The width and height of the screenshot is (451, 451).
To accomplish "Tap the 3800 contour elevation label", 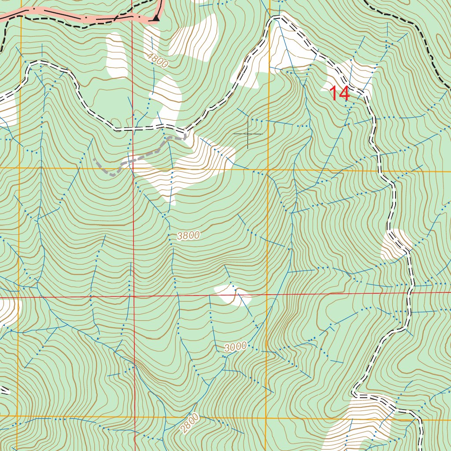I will [189, 236].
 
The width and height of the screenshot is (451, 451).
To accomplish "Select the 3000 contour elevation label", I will [235, 347].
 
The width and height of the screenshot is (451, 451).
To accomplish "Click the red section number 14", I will [340, 94].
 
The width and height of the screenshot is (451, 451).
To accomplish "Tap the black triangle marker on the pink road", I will [155, 18].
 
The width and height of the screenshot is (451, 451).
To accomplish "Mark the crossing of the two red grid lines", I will [133, 296].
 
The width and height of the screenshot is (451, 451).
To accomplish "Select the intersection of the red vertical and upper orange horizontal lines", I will [133, 168].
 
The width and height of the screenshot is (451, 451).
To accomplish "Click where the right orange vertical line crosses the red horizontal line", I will [268, 295].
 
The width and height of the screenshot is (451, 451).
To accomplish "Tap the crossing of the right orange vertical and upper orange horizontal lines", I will [268, 170].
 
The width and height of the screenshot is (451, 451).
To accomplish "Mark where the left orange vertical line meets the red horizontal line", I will [18, 298].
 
